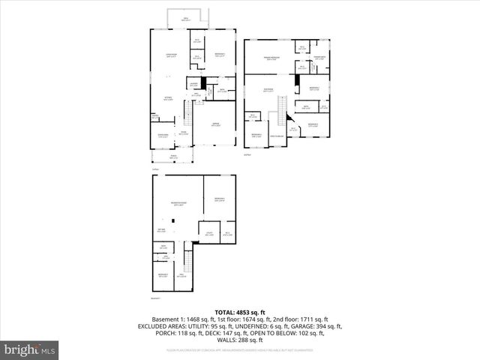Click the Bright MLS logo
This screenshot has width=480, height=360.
tap(30, 349)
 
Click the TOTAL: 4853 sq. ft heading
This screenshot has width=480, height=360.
tap(240, 312)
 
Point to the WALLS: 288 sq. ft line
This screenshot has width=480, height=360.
tap(240, 340)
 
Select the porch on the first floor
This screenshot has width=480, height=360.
tap(173, 157)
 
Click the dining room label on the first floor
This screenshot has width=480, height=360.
tap(163, 135)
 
